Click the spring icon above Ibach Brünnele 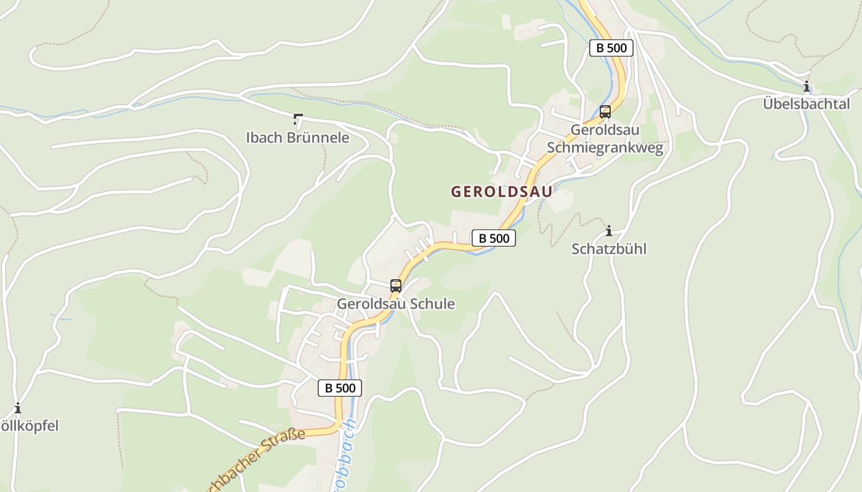(298, 119)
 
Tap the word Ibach (264, 138)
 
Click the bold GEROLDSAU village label (501, 192)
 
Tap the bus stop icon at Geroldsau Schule (395, 286)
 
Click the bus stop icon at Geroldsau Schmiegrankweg (605, 112)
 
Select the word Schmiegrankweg (605, 148)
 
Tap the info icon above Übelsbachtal (806, 87)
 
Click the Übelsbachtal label (806, 104)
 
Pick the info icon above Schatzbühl (609, 231)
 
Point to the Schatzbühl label (609, 249)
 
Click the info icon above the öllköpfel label (17, 408)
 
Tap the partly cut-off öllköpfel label (29, 426)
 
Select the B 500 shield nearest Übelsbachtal (611, 48)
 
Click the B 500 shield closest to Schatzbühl (493, 238)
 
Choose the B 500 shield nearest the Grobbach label (339, 388)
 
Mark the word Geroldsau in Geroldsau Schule (366, 304)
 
